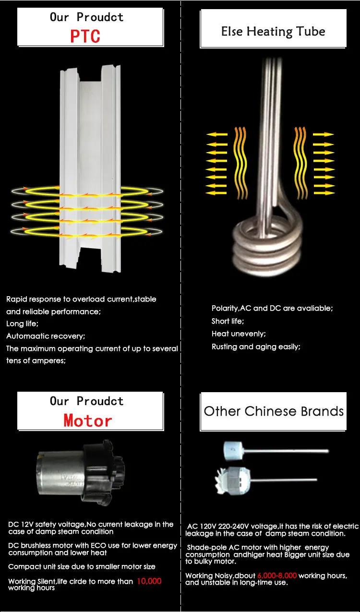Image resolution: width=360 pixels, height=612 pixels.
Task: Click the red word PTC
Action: point(85,36)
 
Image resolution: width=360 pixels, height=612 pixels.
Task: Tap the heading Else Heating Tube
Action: point(273,31)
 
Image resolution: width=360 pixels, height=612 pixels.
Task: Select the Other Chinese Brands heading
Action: point(274,411)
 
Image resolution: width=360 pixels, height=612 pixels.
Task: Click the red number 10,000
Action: point(149,581)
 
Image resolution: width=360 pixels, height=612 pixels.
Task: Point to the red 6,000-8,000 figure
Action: point(277,576)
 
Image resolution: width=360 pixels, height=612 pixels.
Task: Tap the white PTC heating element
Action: point(90,168)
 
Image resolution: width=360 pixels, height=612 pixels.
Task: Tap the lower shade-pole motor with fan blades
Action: point(266,480)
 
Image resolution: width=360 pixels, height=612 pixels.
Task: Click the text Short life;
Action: point(228,321)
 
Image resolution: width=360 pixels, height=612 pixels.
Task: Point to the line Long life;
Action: point(23,324)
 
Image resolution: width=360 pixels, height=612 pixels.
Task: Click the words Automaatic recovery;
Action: point(46,336)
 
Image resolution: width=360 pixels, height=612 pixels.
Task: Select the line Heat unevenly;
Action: point(239,334)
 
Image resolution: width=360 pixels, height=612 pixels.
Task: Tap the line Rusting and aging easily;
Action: point(256,347)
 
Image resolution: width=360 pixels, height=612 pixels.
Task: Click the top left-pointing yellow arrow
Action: point(217,134)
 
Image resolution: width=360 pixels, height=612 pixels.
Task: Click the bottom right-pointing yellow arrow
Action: point(324,193)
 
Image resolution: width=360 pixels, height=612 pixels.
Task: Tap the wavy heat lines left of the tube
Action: point(240,163)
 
